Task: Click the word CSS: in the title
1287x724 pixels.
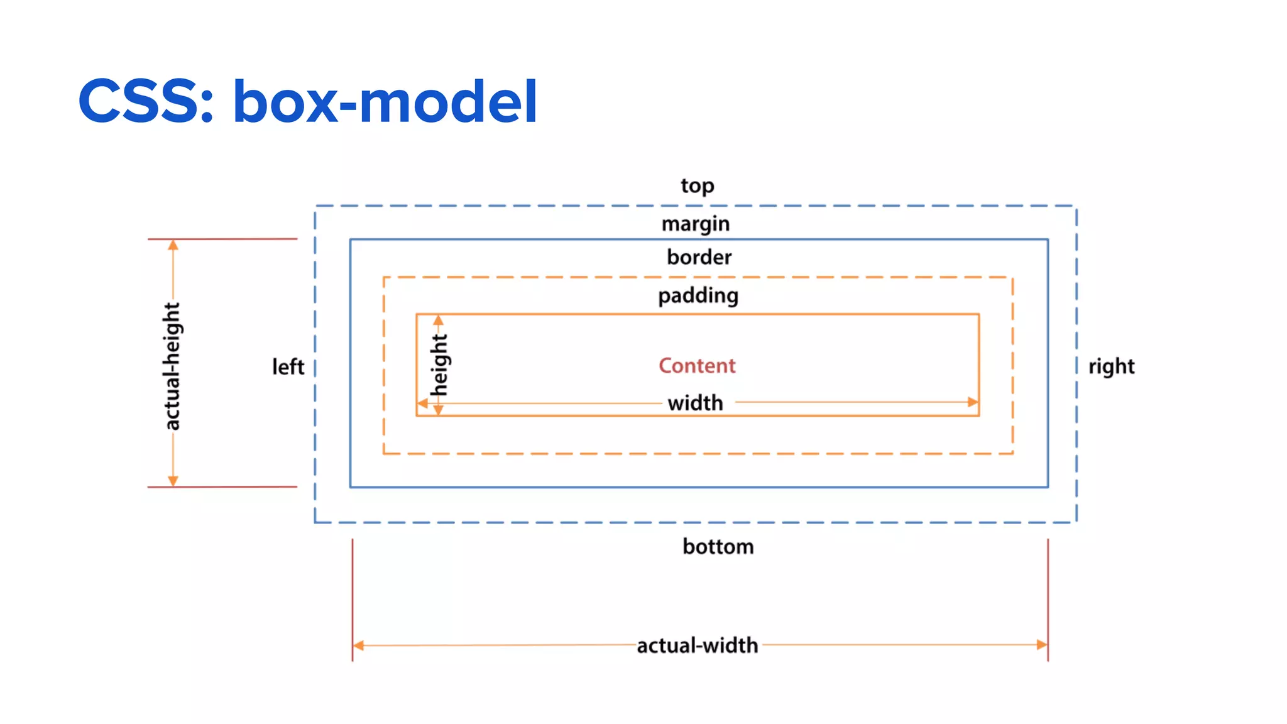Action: click(x=146, y=102)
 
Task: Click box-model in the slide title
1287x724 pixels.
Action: click(x=385, y=102)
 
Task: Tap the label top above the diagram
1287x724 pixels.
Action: click(x=697, y=186)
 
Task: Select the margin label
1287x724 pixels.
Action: click(x=695, y=224)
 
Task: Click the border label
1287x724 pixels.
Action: click(x=699, y=258)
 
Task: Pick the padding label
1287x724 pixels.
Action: click(x=698, y=296)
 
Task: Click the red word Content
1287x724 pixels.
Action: click(x=697, y=366)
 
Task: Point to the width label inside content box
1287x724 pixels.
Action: click(x=695, y=403)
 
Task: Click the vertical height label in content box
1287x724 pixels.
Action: click(x=439, y=365)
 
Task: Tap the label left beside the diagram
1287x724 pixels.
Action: click(x=288, y=367)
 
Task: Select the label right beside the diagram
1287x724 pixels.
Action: click(x=1111, y=366)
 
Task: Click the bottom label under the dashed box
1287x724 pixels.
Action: click(x=718, y=547)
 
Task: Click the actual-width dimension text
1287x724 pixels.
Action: click(x=697, y=645)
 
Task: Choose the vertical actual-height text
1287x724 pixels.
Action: click(x=172, y=366)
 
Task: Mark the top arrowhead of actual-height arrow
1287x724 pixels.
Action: click(x=173, y=245)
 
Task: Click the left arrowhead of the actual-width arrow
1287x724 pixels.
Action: click(x=359, y=645)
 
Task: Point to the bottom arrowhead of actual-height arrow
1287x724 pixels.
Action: click(x=173, y=481)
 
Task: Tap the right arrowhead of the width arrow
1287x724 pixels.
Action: click(x=973, y=402)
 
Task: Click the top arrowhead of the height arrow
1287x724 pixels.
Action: click(x=438, y=321)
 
